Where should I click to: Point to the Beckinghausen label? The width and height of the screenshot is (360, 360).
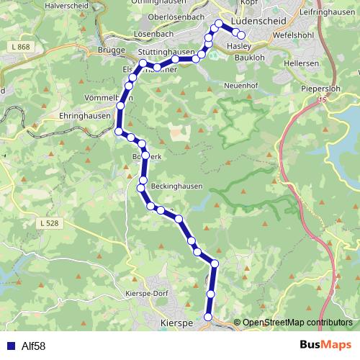[176, 186]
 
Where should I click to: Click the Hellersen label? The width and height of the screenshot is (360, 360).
[305, 63]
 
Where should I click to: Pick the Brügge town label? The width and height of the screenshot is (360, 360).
[110, 50]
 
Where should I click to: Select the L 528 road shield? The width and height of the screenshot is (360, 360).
[50, 224]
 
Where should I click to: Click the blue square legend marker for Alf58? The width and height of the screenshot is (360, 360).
[9, 346]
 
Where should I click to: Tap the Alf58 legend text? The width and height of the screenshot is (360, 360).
[33, 346]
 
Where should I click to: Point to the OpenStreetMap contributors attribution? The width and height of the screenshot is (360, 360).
[297, 323]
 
